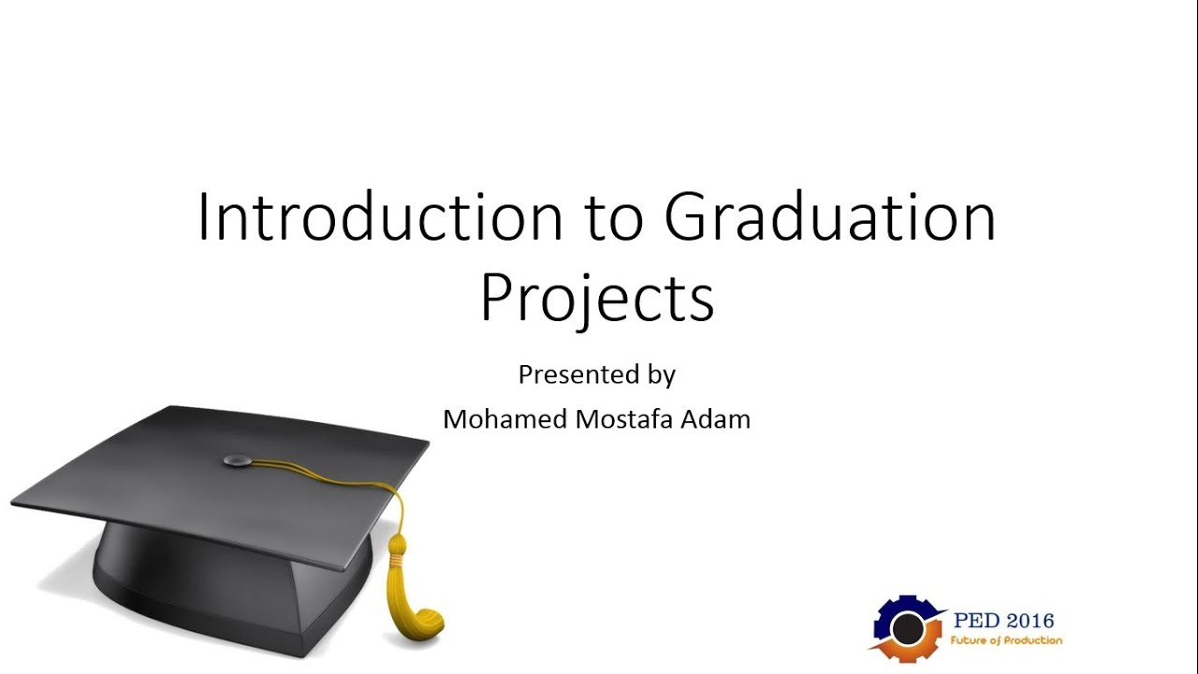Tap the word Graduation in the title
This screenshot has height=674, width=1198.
[830, 218]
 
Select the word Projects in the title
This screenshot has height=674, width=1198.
[597, 299]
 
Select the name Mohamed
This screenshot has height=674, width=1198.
[504, 419]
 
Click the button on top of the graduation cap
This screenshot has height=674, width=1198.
[240, 459]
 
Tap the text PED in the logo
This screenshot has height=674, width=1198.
[975, 621]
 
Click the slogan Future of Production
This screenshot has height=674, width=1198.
[1006, 641]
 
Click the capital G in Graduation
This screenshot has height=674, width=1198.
[691, 218]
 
